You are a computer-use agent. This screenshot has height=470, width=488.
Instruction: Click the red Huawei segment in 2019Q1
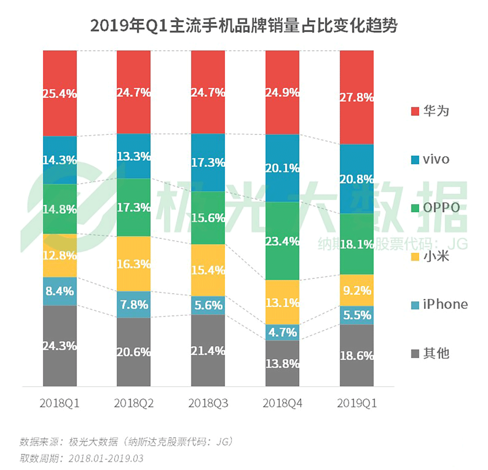[x=357, y=97]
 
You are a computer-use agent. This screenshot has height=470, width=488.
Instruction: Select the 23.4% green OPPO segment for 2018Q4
[x=282, y=241]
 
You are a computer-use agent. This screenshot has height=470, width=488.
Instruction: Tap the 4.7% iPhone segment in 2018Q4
[x=282, y=332]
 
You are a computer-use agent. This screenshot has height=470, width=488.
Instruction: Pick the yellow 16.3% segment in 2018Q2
[x=134, y=263]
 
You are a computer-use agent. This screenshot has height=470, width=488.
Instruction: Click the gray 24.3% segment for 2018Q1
[x=60, y=346]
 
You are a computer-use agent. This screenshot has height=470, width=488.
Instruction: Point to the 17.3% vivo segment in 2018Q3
[x=208, y=162]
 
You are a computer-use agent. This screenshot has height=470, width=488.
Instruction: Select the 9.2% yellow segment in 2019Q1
[x=357, y=290]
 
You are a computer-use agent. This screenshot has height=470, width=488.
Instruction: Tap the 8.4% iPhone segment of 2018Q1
[x=60, y=291]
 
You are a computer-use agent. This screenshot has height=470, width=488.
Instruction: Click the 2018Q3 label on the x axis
[x=208, y=403]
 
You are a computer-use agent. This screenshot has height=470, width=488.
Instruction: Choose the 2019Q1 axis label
[x=357, y=403]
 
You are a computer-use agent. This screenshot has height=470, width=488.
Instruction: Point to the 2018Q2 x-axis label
[x=134, y=403]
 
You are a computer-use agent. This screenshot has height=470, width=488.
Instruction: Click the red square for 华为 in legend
[x=415, y=111]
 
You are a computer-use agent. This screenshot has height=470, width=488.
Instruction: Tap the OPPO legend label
[x=441, y=207]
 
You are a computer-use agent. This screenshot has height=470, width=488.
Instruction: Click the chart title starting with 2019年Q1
[x=244, y=26]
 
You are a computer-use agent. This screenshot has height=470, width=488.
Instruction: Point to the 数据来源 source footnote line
[x=126, y=442]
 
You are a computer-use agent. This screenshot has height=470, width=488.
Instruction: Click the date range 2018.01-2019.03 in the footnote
[x=106, y=458]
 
